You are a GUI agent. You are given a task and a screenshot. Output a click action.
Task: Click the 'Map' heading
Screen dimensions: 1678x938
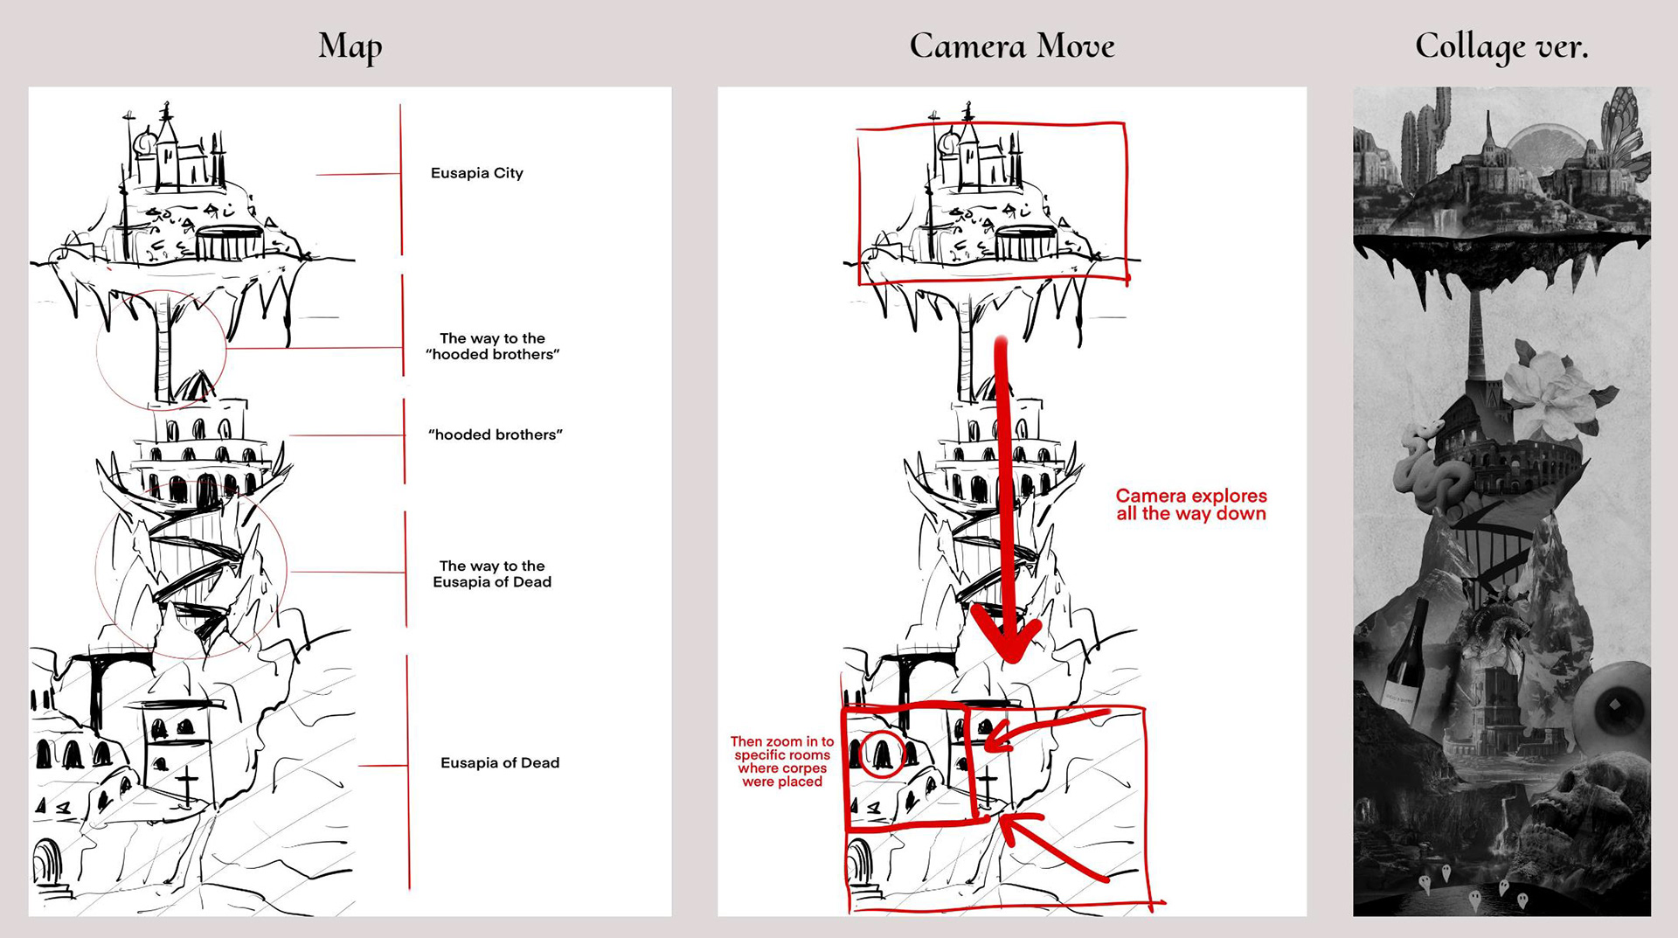click(350, 46)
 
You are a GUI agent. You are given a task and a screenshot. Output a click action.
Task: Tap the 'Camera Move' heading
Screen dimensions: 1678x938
click(1011, 46)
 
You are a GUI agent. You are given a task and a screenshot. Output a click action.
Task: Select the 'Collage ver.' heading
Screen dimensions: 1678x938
click(1501, 46)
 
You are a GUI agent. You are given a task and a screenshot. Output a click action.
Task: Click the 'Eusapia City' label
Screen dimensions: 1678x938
click(476, 173)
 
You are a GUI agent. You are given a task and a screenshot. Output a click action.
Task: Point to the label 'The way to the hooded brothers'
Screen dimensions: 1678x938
click(492, 346)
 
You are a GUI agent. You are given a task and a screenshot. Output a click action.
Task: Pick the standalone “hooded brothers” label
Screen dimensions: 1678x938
click(495, 434)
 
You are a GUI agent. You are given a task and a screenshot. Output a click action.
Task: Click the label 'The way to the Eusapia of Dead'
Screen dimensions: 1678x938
click(492, 573)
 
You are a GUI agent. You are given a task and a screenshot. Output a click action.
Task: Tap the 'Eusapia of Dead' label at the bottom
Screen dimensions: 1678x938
click(499, 762)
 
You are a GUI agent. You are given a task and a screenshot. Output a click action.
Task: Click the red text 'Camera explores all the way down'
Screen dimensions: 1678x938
click(1190, 504)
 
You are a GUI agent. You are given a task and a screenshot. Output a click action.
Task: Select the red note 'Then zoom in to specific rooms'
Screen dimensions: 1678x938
click(781, 761)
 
